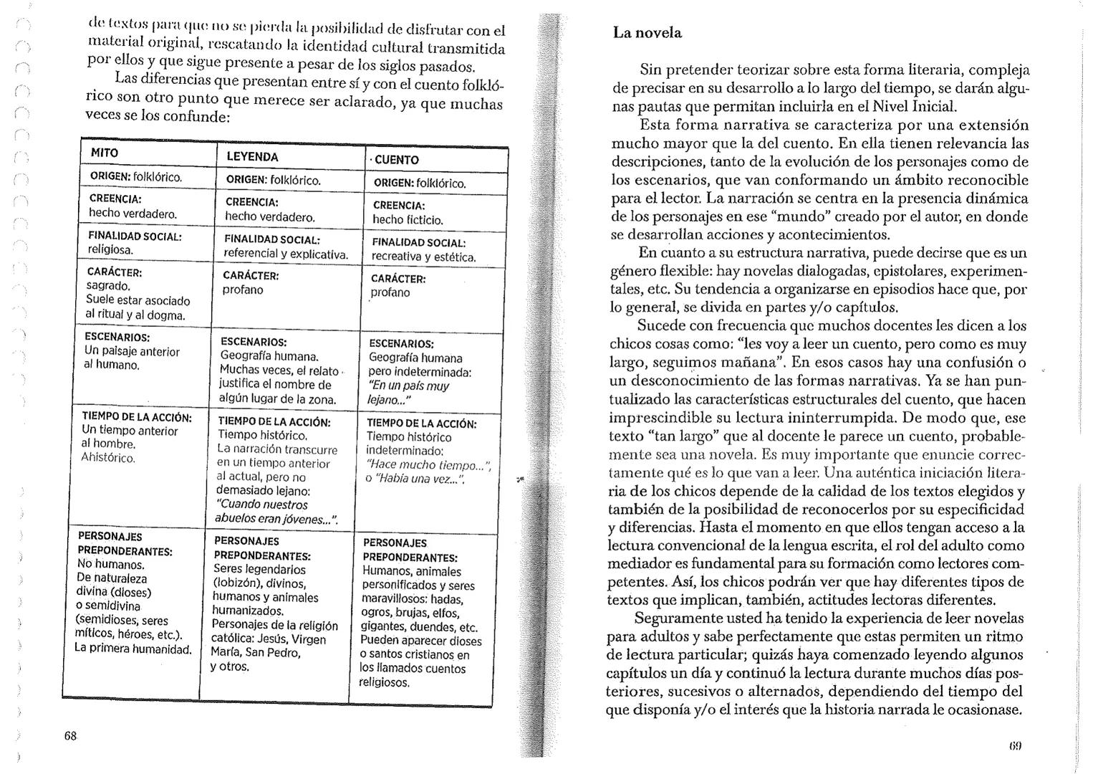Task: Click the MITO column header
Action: pyautogui.click(x=105, y=153)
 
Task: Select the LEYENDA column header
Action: pyautogui.click(x=252, y=156)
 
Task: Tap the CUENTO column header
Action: pyautogui.click(x=395, y=160)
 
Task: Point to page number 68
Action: pyautogui.click(x=70, y=736)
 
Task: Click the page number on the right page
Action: pyautogui.click(x=1015, y=745)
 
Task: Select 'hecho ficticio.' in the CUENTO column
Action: pyautogui.click(x=408, y=220)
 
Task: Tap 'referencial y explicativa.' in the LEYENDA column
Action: pyautogui.click(x=286, y=254)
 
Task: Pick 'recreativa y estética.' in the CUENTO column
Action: pyautogui.click(x=424, y=257)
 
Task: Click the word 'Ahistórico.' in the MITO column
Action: pyautogui.click(x=108, y=457)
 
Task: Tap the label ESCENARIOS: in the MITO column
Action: pyautogui.click(x=117, y=337)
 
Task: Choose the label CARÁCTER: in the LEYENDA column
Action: pyautogui.click(x=251, y=275)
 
